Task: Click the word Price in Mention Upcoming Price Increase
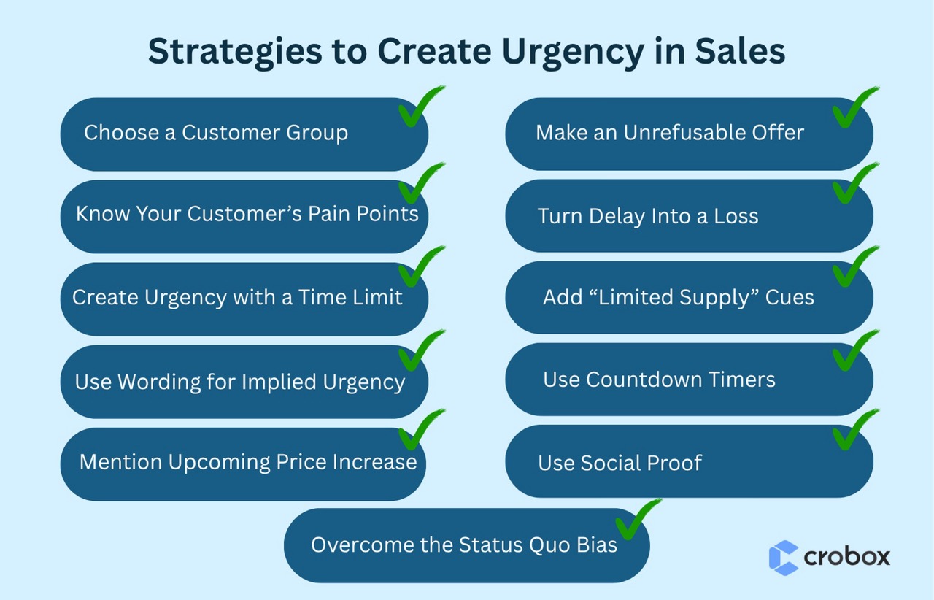click(x=304, y=462)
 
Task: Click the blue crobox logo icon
click(x=784, y=558)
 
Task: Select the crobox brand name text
click(x=846, y=557)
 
